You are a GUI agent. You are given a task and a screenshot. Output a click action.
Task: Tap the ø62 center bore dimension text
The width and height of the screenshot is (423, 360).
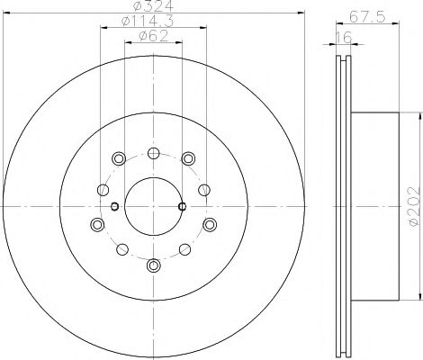(x=154, y=37)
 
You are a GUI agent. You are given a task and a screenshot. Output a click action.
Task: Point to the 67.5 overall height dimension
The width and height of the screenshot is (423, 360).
(x=363, y=15)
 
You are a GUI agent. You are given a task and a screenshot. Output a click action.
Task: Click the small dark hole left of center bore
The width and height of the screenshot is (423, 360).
(x=114, y=206)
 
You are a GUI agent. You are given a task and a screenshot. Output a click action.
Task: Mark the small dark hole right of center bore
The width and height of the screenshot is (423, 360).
(x=183, y=206)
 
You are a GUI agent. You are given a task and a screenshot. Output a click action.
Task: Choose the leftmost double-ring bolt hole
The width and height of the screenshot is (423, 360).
(x=97, y=223)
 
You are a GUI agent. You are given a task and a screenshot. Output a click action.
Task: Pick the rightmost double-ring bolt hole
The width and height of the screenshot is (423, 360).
(x=209, y=223)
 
